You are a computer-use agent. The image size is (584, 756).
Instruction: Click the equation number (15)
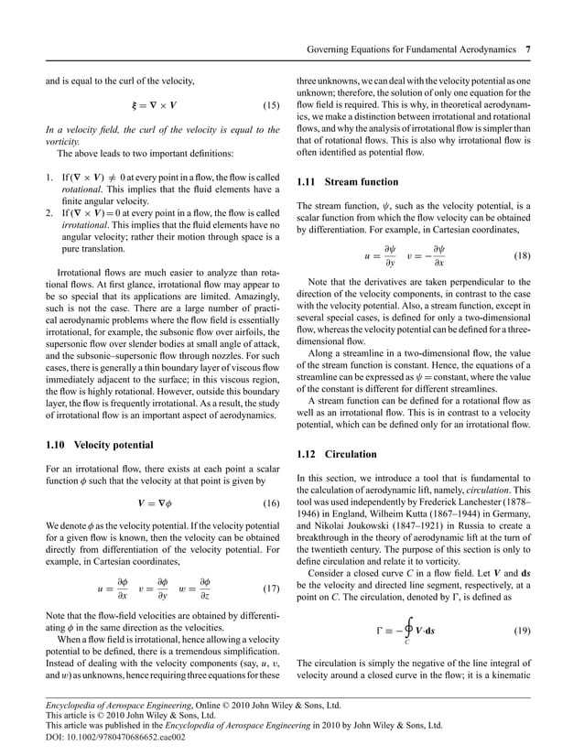pyautogui.click(x=270, y=106)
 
